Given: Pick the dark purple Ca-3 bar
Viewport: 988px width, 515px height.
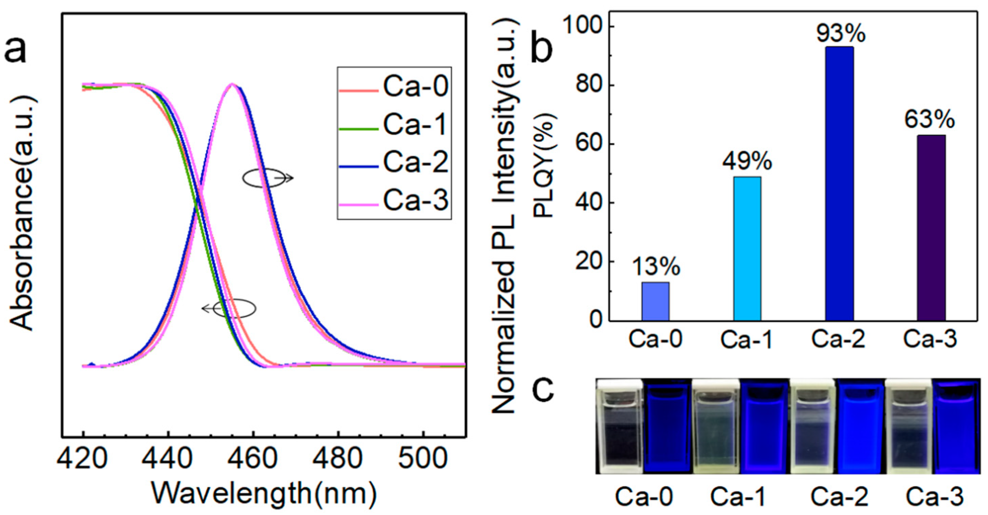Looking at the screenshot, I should [931, 228].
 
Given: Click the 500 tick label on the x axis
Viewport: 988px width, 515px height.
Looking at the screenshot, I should [424, 458].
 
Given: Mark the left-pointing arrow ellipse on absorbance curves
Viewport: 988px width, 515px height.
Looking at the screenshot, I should [230, 308].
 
